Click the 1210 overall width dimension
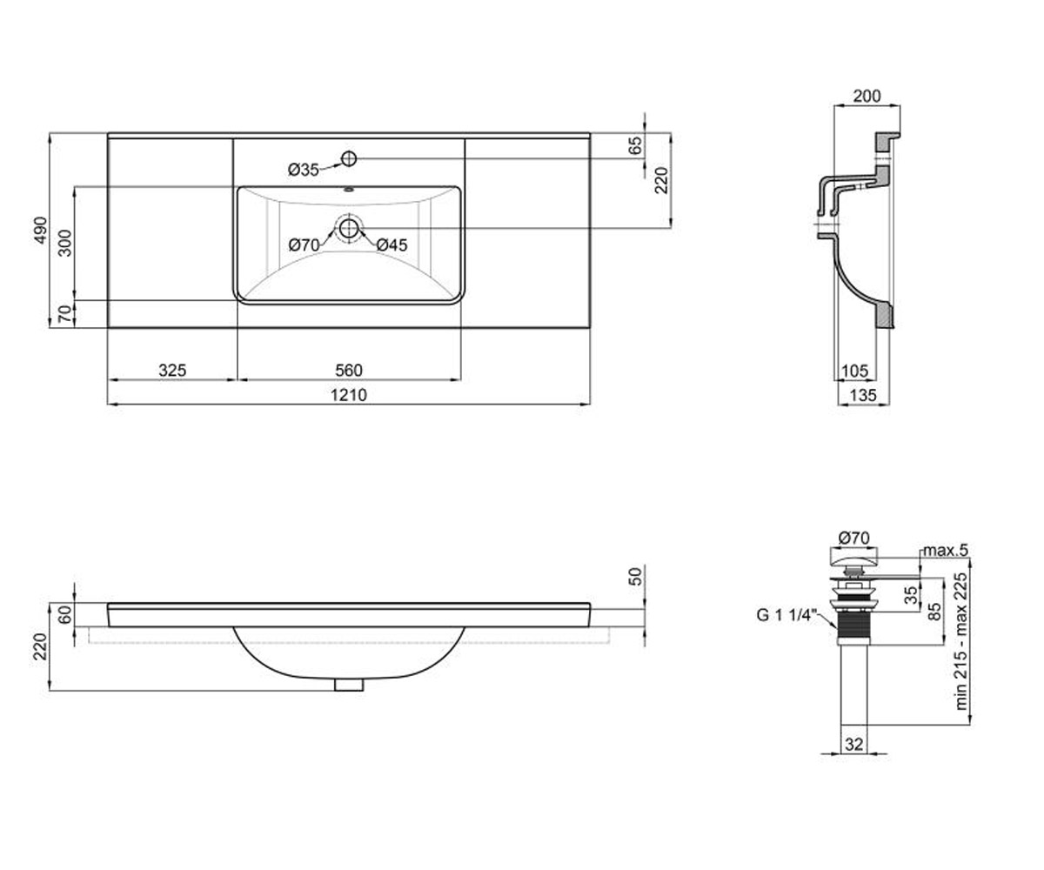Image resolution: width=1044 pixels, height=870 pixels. click(349, 395)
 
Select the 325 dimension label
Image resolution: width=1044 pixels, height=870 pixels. click(172, 370)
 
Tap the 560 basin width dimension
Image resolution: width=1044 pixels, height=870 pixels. click(349, 370)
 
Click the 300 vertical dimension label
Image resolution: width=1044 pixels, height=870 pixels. click(65, 243)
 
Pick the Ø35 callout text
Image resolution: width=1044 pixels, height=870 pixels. click(303, 170)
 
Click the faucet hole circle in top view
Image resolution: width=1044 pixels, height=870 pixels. click(349, 159)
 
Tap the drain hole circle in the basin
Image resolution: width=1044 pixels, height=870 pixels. click(349, 229)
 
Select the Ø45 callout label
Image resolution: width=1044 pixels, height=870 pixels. click(392, 245)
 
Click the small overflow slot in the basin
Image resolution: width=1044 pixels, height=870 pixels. click(349, 190)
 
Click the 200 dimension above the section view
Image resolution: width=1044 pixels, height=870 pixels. click(867, 96)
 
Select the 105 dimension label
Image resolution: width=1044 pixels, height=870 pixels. click(854, 371)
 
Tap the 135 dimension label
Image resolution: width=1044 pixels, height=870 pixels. click(863, 395)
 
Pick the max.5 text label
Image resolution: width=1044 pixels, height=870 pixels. click(946, 551)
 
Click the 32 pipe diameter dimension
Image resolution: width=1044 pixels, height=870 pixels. click(854, 745)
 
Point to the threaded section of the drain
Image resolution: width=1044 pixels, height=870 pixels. click(854, 624)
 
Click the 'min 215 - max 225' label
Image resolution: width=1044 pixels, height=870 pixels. click(961, 641)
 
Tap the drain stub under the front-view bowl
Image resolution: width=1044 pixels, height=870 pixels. click(349, 685)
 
